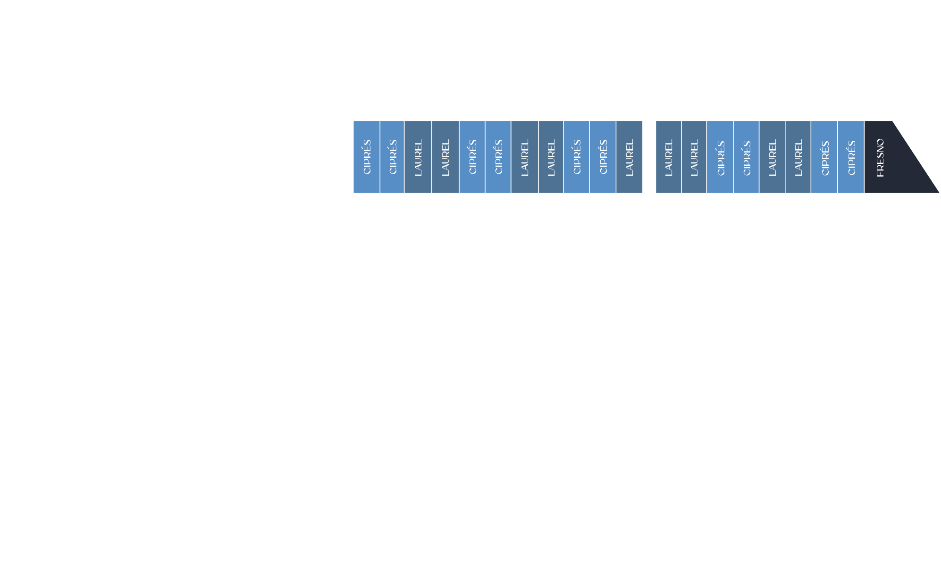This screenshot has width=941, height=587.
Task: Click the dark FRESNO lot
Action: [x=887, y=157]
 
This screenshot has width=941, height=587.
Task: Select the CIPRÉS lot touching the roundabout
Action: [x=367, y=157]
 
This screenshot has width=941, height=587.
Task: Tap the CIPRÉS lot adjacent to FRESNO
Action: [x=851, y=157]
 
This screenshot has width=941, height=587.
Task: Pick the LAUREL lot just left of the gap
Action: [x=629, y=157]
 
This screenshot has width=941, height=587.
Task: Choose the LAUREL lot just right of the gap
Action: [x=668, y=157]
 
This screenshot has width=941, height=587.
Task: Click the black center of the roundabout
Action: [x=282, y=168]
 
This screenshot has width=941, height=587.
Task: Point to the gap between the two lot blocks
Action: [x=649, y=157]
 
